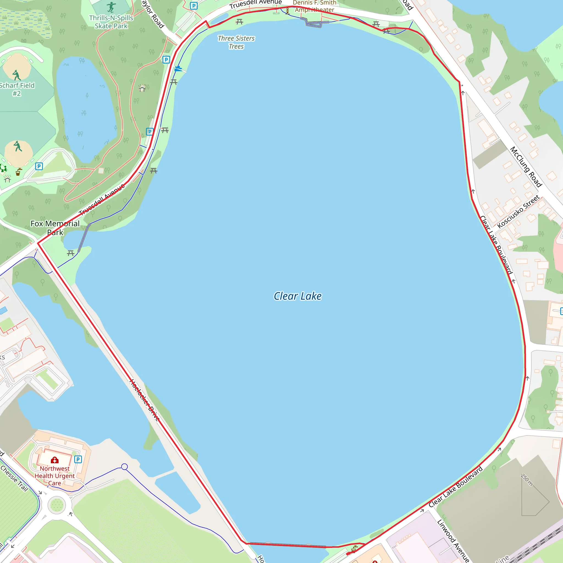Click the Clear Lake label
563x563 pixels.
[297, 296]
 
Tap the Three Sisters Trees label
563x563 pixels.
[236, 42]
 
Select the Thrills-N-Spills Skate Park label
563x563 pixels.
[111, 22]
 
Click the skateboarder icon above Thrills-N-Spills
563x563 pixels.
[111, 7]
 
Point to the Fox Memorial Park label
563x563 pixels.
[55, 228]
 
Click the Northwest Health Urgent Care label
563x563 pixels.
[54, 476]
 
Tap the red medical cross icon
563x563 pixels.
[54, 460]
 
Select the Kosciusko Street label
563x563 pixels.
[518, 212]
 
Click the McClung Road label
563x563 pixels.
[526, 167]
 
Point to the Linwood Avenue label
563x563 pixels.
[453, 540]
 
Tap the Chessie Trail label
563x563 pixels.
[14, 479]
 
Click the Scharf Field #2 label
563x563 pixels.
[16, 89]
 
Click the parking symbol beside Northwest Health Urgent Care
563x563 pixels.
[78, 460]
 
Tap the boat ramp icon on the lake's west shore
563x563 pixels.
[178, 69]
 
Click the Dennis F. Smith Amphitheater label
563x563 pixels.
[314, 6]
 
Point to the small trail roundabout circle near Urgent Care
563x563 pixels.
[125, 467]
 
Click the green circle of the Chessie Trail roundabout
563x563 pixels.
[57, 505]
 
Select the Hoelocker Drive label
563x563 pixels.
[145, 400]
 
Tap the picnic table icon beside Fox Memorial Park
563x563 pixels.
[71, 253]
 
